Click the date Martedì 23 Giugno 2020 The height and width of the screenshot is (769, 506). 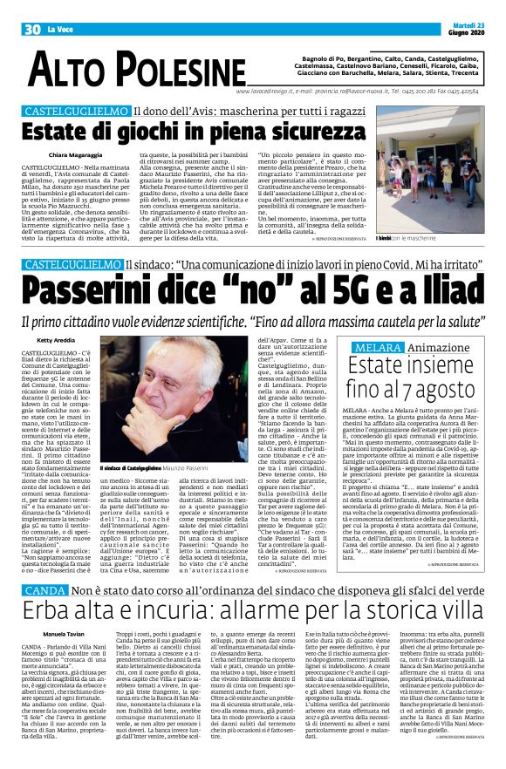point(474,29)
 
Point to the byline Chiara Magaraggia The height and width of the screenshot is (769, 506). point(62,154)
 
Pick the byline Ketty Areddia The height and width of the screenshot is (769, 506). point(54,340)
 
